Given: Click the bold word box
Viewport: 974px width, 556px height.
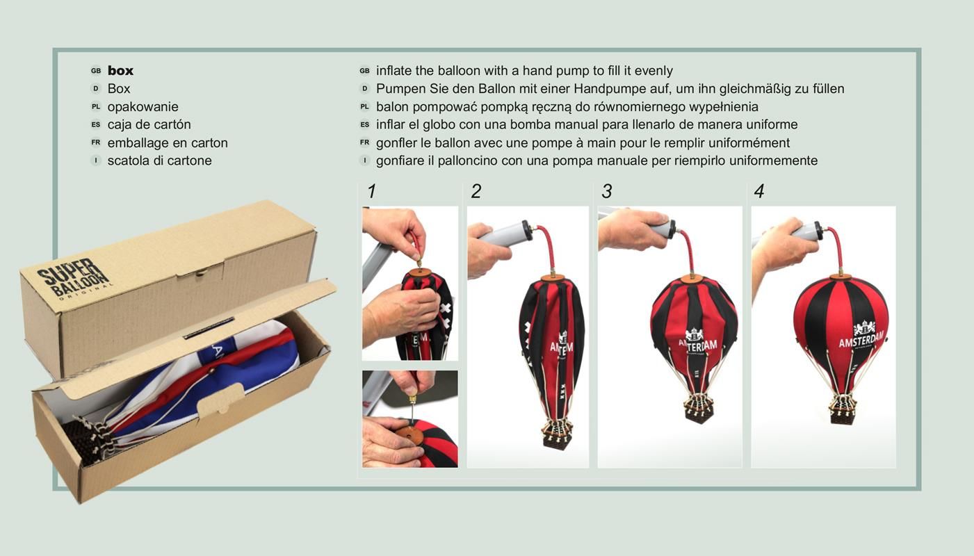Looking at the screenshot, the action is pos(120,70).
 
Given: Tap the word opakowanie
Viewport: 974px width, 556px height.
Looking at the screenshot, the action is pos(143,107).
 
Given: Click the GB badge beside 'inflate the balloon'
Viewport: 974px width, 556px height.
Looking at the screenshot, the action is pos(364,71).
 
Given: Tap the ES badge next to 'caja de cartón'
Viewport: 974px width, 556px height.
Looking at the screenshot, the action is pos(96,125).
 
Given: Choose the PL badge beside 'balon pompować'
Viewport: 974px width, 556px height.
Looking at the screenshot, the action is pos(364,107).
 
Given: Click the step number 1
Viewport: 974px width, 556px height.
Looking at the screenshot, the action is pos(371,191).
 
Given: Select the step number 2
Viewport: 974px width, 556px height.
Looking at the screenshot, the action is pos(476,191).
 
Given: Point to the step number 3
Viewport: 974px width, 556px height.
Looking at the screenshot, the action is pos(606,191).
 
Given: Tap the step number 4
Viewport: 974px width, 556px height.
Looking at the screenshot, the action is pos(759,191).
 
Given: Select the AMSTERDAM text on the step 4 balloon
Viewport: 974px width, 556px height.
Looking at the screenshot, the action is pos(861,340).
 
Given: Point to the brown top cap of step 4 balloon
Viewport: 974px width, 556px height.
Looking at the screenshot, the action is pos(840,277).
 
